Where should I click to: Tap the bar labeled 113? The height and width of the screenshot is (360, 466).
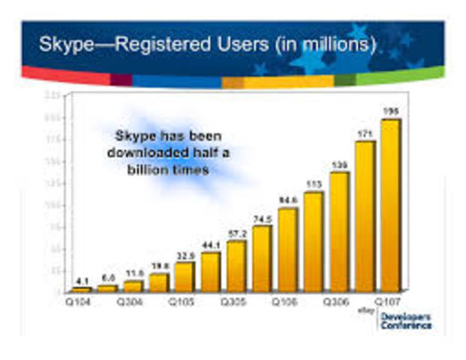pyautogui.click(x=313, y=241)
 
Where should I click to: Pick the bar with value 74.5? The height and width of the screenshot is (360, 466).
pyautogui.click(x=262, y=258)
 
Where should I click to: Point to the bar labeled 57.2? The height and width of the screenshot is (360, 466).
pyautogui.click(x=236, y=265)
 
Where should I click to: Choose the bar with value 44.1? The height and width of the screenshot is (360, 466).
pyautogui.click(x=210, y=271)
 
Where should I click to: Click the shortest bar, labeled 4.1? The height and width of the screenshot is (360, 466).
pyautogui.click(x=82, y=289)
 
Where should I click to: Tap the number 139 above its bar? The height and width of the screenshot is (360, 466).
pyautogui.click(x=340, y=164)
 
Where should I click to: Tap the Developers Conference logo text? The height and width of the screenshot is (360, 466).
pyautogui.click(x=405, y=321)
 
